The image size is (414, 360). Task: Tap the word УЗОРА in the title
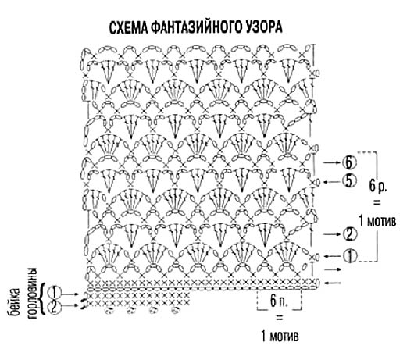coord(266,27)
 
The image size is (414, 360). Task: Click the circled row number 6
coord(349,163)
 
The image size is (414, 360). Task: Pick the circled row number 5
coord(349,181)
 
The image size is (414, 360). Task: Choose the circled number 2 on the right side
coord(350,234)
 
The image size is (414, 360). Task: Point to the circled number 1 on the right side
coord(351,255)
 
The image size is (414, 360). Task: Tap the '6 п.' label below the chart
coord(279,301)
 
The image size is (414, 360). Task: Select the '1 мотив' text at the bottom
coord(280,337)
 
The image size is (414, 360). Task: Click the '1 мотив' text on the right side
coord(377,221)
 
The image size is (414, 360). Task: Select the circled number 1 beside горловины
coord(55,292)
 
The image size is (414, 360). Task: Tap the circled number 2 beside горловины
coord(55,308)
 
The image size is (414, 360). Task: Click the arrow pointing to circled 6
coord(332,163)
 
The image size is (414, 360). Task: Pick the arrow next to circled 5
coord(332,182)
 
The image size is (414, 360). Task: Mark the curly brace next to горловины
coord(43,299)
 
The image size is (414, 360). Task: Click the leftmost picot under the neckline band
coord(109,311)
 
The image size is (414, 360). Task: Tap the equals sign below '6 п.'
coord(280,319)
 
